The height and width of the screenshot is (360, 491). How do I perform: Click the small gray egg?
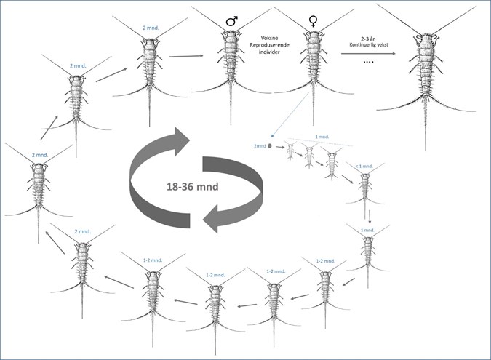[x=270, y=145]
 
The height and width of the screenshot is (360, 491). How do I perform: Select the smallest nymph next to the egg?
[x=290, y=151]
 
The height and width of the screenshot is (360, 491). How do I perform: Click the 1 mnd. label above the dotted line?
[x=321, y=136]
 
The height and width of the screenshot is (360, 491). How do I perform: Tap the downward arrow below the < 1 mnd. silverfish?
[x=370, y=215]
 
